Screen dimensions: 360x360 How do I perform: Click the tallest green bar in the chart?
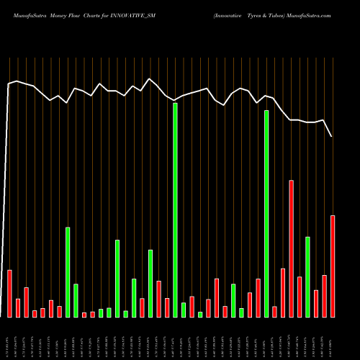click(175, 210)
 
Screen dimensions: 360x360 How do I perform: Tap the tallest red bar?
click(291, 248)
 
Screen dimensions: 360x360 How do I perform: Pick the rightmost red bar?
click(333, 266)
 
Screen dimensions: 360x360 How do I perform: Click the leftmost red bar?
click(10, 293)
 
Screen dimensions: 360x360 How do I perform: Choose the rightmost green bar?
click(307, 276)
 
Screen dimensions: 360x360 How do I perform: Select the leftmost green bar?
click(68, 271)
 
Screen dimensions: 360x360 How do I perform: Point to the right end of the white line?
click(332, 136)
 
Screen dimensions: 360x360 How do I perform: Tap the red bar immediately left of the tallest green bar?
click(167, 307)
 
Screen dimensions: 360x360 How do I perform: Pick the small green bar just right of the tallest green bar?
click(184, 310)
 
